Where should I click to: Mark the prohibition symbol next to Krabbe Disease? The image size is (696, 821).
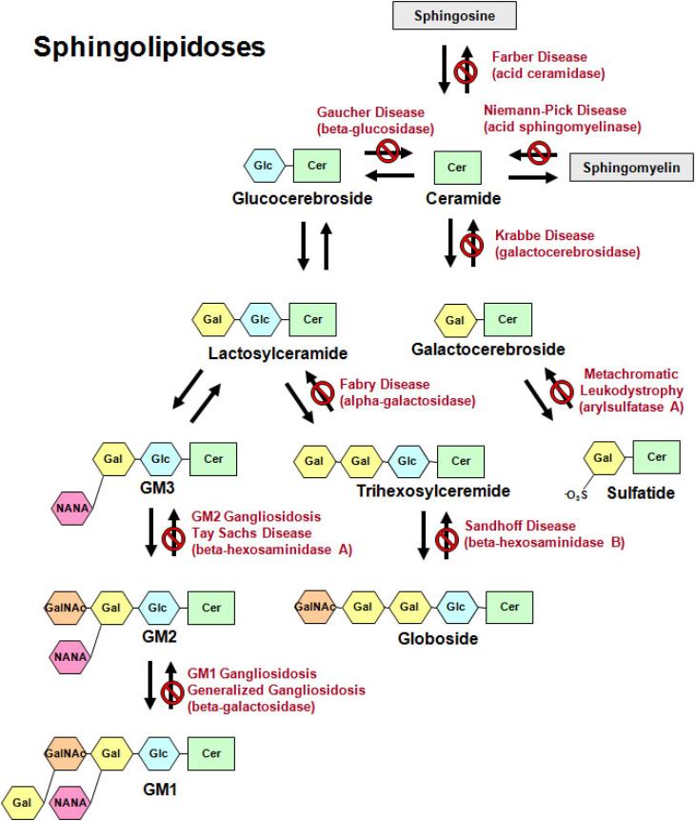tap(471, 244)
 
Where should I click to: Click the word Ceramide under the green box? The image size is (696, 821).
tap(458, 200)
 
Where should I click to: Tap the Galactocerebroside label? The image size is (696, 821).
tap(487, 350)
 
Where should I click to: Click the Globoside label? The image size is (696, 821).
tap(438, 637)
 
